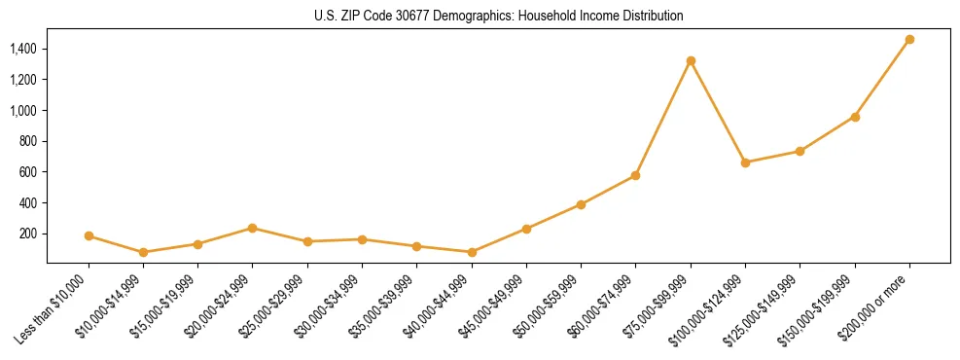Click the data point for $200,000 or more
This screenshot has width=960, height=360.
click(909, 40)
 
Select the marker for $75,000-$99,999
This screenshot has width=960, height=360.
click(691, 61)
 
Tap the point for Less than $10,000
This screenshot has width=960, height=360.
click(89, 235)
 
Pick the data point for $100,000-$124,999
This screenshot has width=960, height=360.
click(745, 162)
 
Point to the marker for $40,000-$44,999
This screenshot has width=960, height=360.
click(472, 252)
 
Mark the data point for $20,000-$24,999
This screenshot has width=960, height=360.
click(253, 228)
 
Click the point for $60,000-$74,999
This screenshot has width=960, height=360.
click(635, 175)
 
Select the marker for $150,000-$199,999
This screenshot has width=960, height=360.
click(855, 117)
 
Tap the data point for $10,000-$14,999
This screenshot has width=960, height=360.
click(143, 252)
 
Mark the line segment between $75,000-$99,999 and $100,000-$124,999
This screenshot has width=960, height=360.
click(718, 112)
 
